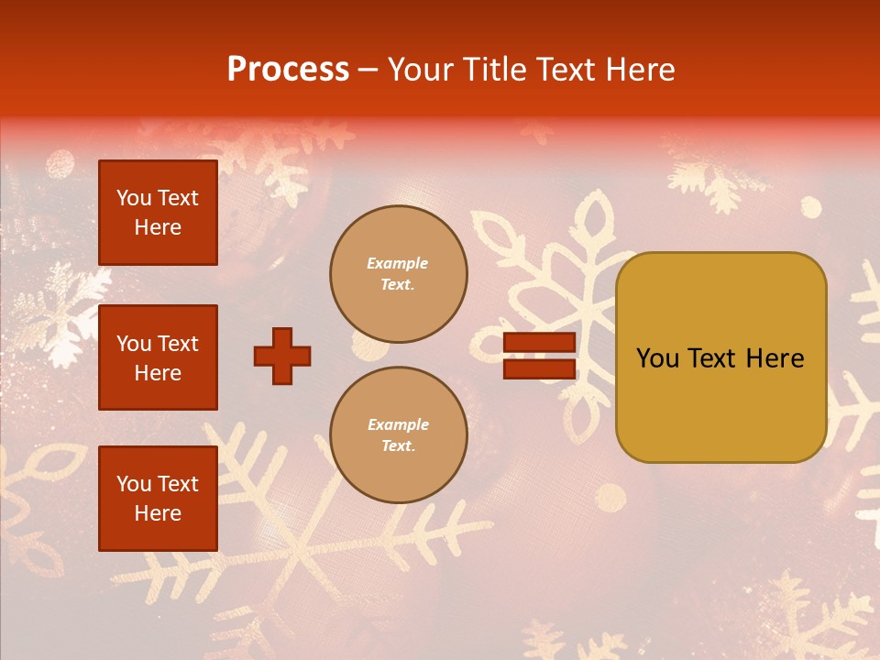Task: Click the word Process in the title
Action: pos(288,70)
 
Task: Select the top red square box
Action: pos(158,213)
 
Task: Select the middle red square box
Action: pos(158,357)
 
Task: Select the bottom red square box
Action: pos(158,499)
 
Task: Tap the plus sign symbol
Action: pos(282,356)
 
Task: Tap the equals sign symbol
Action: pos(539,356)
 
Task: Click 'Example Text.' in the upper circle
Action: pos(398,274)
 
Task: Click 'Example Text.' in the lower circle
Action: pos(398,435)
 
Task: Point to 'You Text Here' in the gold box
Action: pos(720,358)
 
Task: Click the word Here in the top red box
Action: pos(158,227)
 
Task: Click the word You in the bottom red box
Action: pos(134,484)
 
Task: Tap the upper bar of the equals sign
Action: pos(539,343)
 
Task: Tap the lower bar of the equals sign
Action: pos(539,368)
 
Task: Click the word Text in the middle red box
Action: pos(177,344)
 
